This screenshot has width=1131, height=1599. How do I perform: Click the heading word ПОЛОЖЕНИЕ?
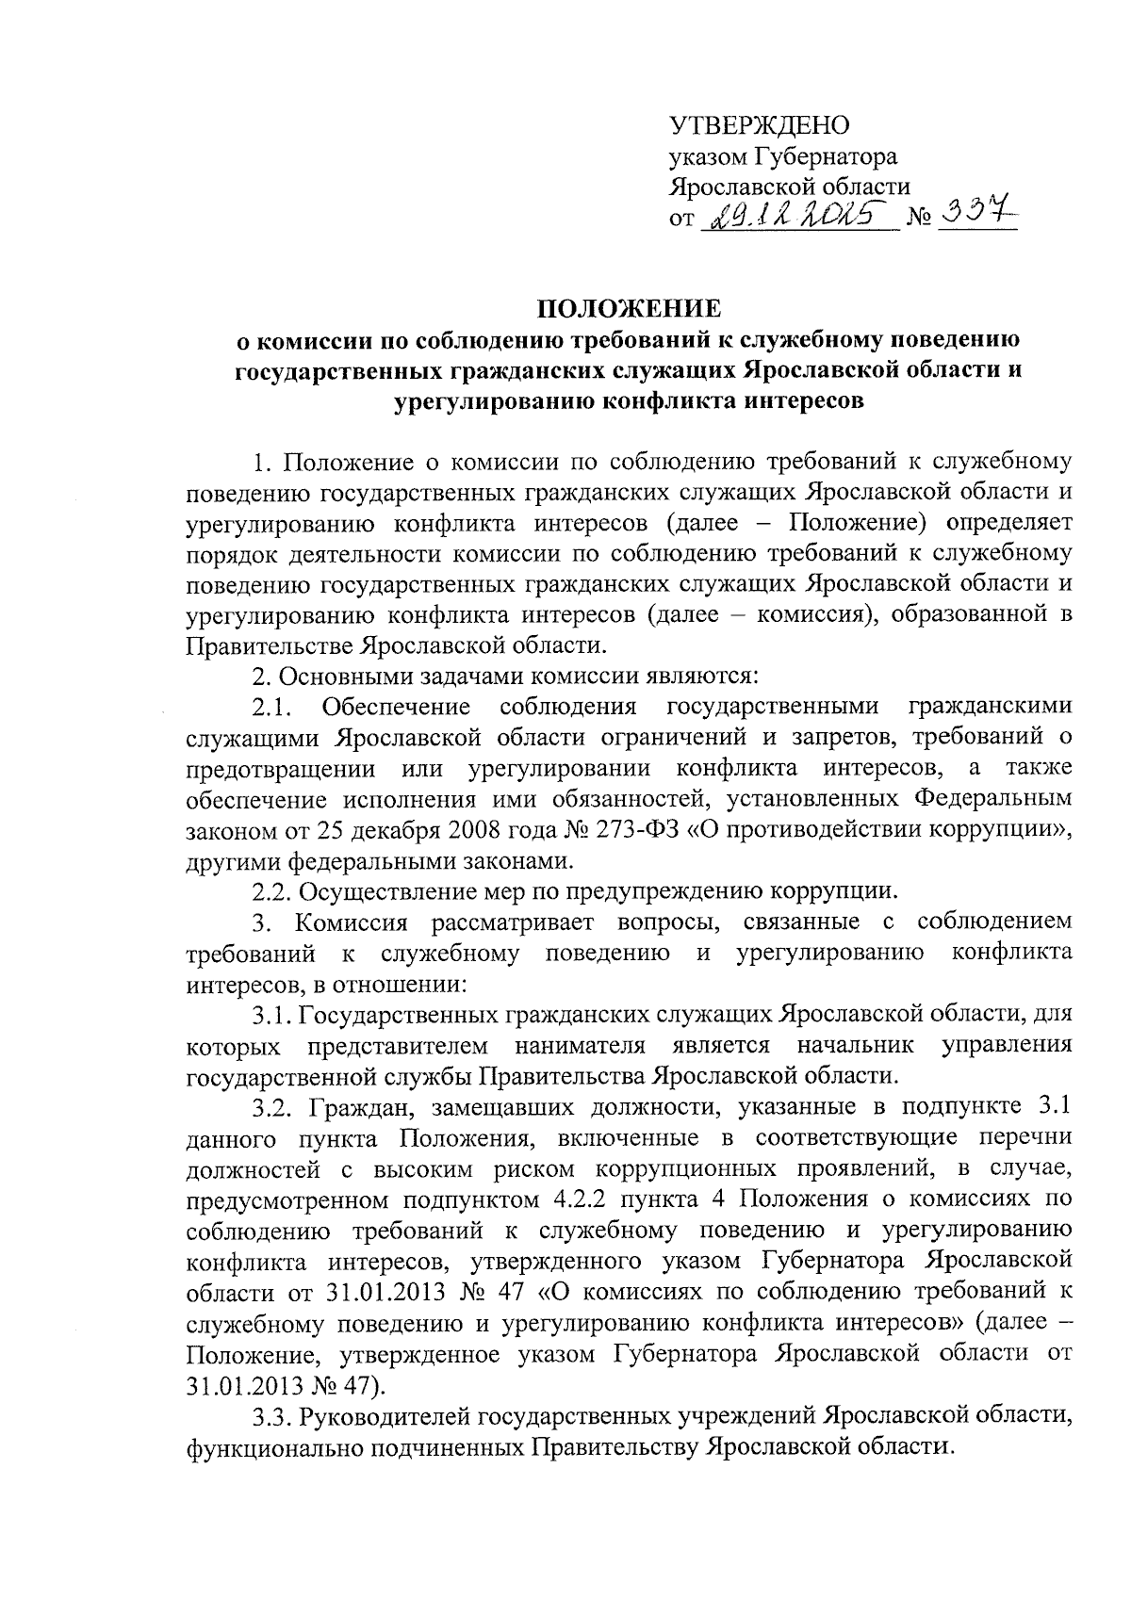coord(630,309)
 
